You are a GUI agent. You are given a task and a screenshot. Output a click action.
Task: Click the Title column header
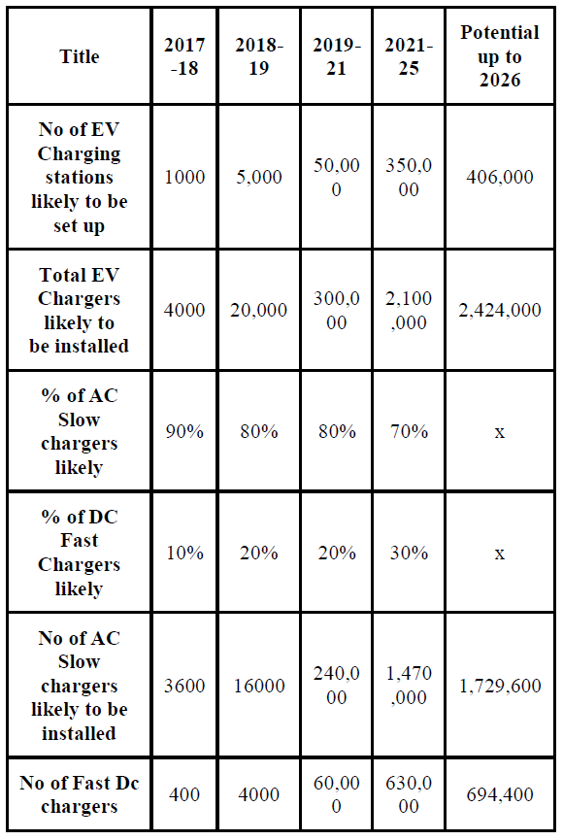point(80,56)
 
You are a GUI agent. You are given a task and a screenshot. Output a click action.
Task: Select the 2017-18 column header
point(184,56)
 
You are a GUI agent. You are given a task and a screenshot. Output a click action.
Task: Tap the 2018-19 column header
point(259,56)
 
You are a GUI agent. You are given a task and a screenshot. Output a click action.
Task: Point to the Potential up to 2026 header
point(499,56)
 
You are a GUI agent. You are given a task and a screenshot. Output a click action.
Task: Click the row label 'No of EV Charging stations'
point(80,178)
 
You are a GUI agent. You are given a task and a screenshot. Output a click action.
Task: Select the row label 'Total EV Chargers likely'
point(80,311)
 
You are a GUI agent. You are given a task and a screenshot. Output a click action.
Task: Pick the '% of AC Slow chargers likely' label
point(80,431)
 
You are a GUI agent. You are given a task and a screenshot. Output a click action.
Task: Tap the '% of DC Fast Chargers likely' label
point(80,553)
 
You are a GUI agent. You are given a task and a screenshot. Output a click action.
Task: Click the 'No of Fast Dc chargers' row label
point(80,794)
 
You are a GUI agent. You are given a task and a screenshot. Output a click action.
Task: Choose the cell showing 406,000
point(499,178)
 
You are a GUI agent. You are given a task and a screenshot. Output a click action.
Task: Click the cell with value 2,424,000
point(499,311)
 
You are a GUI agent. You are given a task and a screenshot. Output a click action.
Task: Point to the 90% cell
point(184,431)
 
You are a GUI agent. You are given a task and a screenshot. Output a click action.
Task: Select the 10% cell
point(184,553)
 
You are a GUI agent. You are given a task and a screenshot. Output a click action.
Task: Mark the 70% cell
point(409,431)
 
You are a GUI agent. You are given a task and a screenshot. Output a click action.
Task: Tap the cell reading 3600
point(184,686)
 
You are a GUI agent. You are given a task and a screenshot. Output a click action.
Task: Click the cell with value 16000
point(259,686)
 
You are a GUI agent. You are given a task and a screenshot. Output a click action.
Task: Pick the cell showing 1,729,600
point(499,686)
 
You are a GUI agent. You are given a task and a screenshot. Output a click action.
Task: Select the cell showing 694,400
point(499,794)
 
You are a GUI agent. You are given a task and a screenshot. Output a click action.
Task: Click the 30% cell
point(409,553)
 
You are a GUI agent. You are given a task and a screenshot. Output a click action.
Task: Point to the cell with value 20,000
point(259,311)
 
